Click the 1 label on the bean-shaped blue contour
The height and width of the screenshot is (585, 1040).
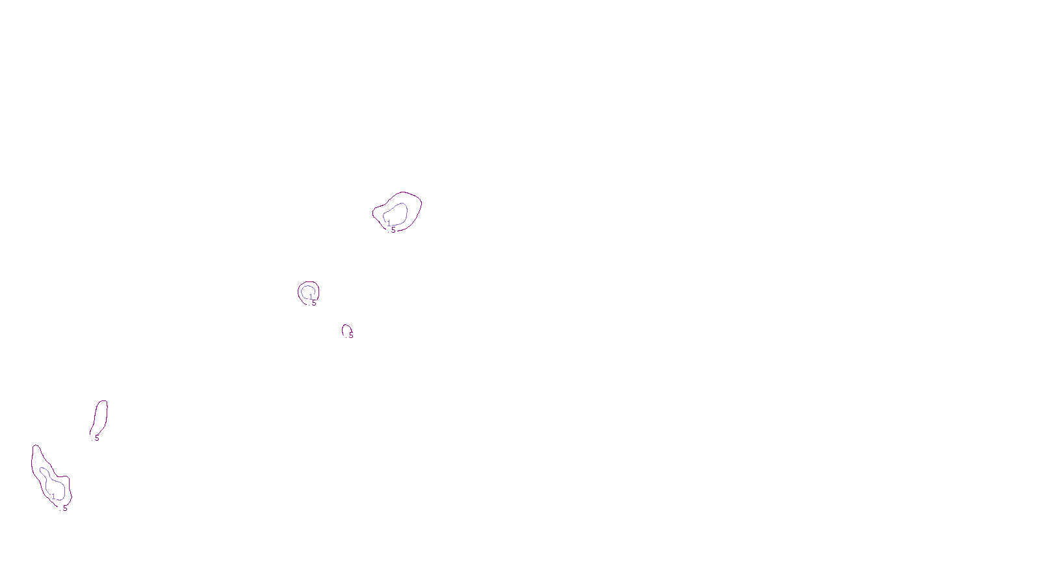click(x=389, y=224)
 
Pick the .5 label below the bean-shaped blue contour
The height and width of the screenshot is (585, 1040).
click(x=392, y=229)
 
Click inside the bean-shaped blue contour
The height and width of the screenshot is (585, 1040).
click(x=396, y=213)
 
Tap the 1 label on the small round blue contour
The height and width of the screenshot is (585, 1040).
click(x=311, y=296)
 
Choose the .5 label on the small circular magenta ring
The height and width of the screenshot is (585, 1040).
click(x=313, y=302)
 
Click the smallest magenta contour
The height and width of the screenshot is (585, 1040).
click(x=343, y=330)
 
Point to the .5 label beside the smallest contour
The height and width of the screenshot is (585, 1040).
click(x=350, y=335)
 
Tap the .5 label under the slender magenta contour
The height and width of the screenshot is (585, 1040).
click(x=96, y=438)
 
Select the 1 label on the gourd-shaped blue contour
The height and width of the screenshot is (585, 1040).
click(x=53, y=497)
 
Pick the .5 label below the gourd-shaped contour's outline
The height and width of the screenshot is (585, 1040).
click(x=64, y=508)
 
